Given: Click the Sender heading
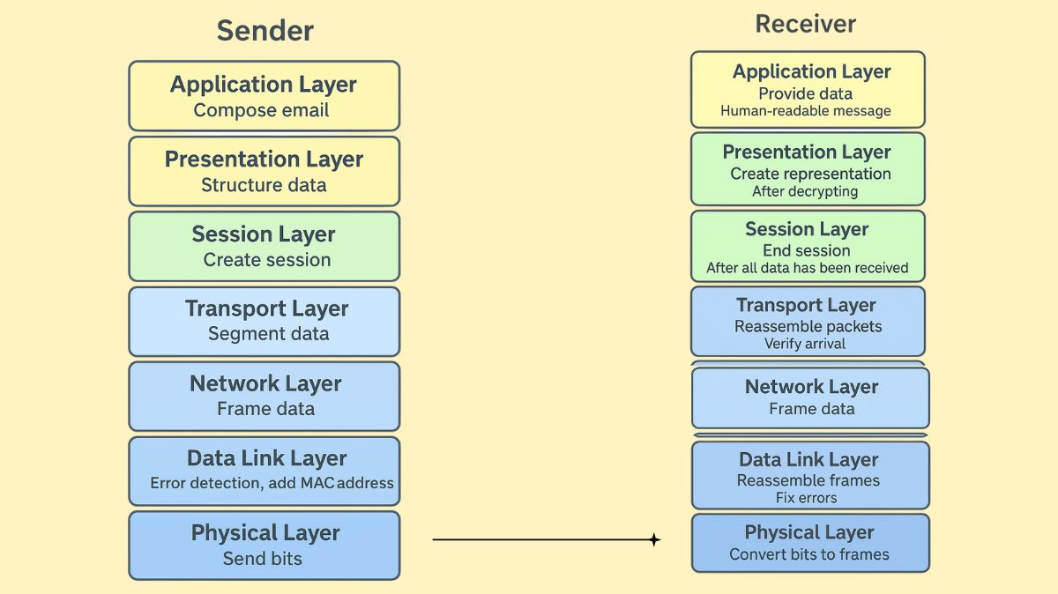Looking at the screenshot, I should (x=264, y=31).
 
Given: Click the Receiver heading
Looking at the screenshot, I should (x=805, y=24).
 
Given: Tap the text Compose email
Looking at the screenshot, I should (x=261, y=111).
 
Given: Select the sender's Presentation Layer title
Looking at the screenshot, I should (x=264, y=160).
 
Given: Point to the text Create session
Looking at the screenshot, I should (x=266, y=260).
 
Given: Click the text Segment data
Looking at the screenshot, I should (x=268, y=334).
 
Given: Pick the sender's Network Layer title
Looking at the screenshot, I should (x=265, y=384).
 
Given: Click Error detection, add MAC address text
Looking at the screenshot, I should (x=272, y=483).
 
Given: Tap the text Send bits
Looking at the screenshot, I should (x=262, y=559).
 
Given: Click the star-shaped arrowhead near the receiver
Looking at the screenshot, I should (x=654, y=540).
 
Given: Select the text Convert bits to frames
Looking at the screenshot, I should (x=808, y=554).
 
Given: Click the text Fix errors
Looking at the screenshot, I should (x=806, y=498).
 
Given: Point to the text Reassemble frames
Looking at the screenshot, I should (x=808, y=481).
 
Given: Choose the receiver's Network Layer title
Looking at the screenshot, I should (x=811, y=387).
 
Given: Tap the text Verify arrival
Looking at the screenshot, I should (x=804, y=344).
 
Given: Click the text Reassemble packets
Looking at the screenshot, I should (x=808, y=327).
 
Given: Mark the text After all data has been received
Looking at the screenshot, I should (x=807, y=268).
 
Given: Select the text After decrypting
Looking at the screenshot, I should (x=804, y=191).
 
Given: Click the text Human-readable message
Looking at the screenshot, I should (x=805, y=111).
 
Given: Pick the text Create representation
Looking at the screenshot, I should (x=809, y=174).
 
